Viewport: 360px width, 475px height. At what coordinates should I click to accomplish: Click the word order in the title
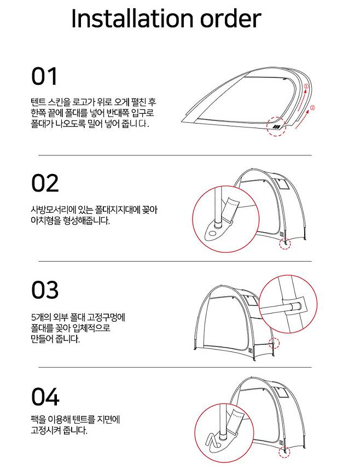tap(230, 19)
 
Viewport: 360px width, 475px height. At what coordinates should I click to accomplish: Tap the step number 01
tap(44, 77)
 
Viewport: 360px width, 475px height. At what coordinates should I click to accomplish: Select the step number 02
tap(45, 183)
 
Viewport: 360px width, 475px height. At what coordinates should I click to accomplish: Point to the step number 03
tap(45, 290)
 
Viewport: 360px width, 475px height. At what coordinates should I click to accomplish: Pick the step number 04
tap(45, 397)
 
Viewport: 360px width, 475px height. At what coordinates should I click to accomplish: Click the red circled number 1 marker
tap(306, 86)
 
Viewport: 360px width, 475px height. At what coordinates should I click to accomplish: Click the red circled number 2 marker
tap(313, 108)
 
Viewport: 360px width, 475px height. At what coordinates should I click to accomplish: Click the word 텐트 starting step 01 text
tap(38, 102)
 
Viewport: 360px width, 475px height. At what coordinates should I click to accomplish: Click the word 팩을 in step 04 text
tap(38, 420)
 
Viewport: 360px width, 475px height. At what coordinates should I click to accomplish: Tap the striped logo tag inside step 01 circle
tap(276, 127)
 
